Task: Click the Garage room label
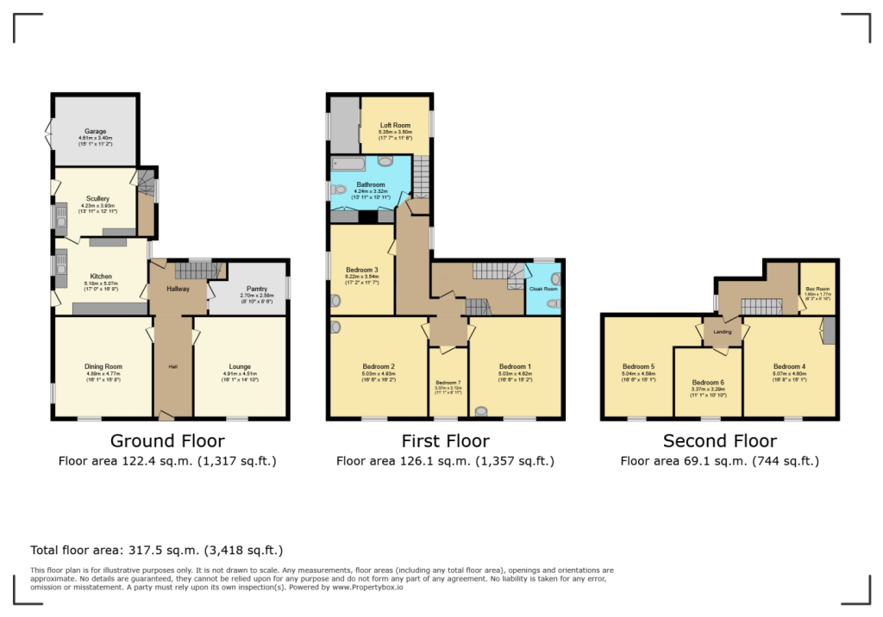coord(95,132)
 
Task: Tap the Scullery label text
coord(97,198)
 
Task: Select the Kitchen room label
coord(101,277)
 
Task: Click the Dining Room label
coord(103,366)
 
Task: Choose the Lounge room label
coord(239,366)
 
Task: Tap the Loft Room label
coord(395,125)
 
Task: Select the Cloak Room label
coord(542,290)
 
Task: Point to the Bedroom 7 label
coord(448,383)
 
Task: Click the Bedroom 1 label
coord(515,366)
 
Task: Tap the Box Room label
coord(816,289)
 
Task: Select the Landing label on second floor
coord(722,331)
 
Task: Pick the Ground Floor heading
coord(167,442)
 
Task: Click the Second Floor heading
coord(719,442)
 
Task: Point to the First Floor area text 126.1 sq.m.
coord(445,461)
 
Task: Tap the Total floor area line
coord(156,549)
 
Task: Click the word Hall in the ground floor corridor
coord(172,366)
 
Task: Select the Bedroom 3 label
coord(362,270)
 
